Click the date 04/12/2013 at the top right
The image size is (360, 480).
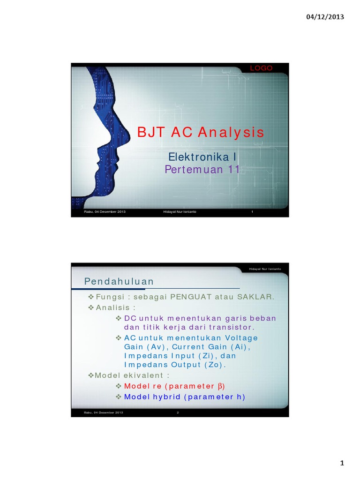coord(325,17)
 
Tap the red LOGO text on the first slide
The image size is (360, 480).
coord(261,68)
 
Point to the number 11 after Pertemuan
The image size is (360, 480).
coord(233,169)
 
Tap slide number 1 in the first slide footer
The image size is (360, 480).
coord(252,212)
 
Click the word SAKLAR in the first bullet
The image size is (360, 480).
coord(256,297)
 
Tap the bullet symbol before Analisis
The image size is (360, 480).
coord(91,308)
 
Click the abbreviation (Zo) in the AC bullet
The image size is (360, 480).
coord(214,365)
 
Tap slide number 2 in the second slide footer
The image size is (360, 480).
coord(178,412)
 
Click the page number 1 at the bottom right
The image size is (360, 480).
coord(342,464)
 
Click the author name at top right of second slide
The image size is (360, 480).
coord(265,269)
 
